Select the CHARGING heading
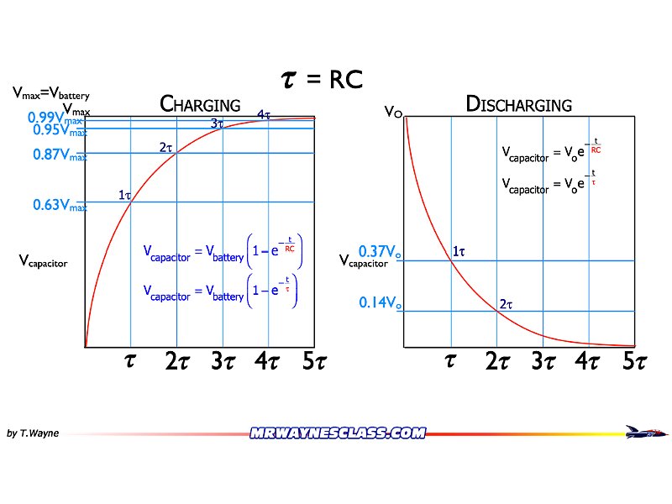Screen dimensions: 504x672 click(x=200, y=105)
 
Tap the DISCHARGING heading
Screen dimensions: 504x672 click(x=518, y=105)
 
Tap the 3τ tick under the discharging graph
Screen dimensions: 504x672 click(x=544, y=362)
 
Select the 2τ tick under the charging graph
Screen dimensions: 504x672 click(x=176, y=362)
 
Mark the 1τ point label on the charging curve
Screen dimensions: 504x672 click(x=124, y=195)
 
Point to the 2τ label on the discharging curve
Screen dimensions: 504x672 click(x=506, y=304)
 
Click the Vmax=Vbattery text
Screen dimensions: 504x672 click(x=50, y=95)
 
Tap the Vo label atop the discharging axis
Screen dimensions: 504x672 click(x=392, y=111)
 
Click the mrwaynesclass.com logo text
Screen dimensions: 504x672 click(x=337, y=433)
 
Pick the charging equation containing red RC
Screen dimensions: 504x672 click(x=223, y=251)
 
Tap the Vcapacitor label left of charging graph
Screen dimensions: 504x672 click(x=43, y=262)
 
